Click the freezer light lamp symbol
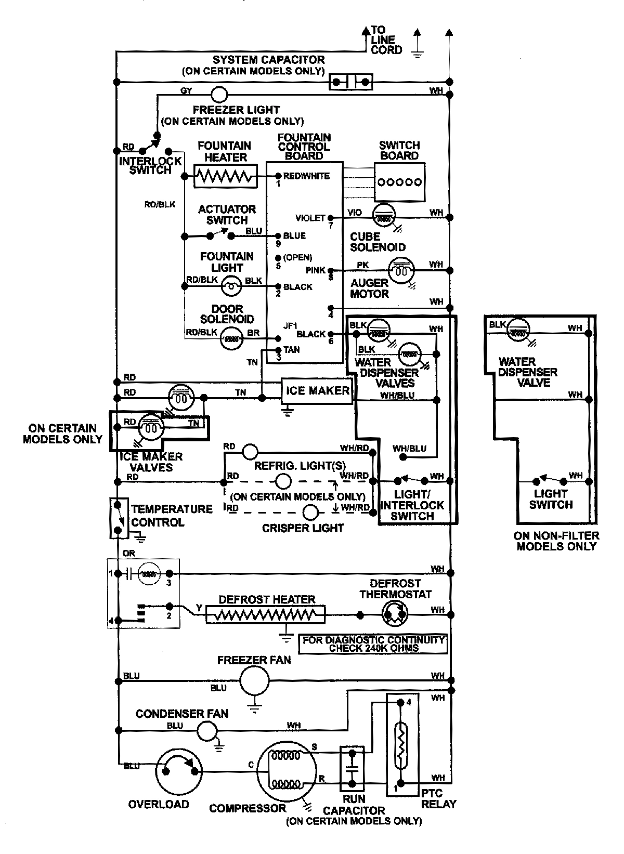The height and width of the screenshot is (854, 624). (219, 94)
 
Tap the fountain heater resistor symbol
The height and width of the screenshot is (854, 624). (226, 176)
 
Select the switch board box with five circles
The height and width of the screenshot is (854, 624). (399, 182)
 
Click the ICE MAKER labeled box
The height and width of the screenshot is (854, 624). (317, 391)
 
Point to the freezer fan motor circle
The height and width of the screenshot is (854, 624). (254, 679)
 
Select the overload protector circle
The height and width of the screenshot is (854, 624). (179, 772)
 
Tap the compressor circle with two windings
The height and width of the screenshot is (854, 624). (287, 770)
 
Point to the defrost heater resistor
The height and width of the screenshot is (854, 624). (265, 615)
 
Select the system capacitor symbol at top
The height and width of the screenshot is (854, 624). (351, 82)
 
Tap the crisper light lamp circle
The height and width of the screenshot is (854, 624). (310, 513)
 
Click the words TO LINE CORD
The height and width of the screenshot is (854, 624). (386, 40)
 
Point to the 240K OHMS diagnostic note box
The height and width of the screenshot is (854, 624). (373, 644)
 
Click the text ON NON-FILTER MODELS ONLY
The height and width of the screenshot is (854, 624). (556, 541)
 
